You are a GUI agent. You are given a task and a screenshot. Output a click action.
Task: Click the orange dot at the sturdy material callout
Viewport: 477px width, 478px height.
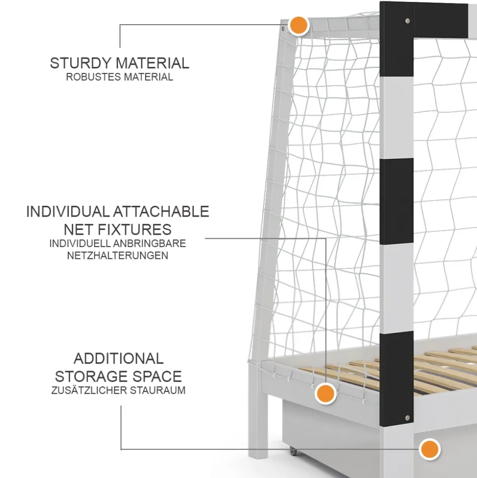click(x=298, y=25)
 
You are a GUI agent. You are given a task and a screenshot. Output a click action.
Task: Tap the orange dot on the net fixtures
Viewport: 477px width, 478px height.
click(x=325, y=393)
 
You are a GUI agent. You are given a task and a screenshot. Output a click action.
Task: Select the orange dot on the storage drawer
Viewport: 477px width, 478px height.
click(x=429, y=449)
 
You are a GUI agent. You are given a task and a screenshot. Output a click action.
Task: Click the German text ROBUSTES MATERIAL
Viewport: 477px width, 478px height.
click(x=119, y=77)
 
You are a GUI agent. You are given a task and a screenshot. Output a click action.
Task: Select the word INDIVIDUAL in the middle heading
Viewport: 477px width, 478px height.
click(x=67, y=212)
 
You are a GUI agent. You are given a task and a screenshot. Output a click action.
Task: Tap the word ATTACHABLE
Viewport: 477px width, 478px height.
click(x=161, y=212)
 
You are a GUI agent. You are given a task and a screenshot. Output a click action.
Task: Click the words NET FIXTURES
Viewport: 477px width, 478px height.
click(x=118, y=229)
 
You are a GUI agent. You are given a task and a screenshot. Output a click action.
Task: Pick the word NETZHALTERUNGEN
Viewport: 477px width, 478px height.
click(x=118, y=255)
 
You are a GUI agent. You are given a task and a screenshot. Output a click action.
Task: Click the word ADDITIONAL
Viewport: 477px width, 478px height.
click(x=119, y=358)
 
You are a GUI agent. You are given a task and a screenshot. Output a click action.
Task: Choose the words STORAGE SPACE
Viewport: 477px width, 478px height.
click(x=119, y=376)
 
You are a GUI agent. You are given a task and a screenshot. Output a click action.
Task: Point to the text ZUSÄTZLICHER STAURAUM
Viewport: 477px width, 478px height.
click(x=119, y=391)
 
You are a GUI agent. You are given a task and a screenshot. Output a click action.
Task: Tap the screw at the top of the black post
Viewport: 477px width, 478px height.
click(x=407, y=21)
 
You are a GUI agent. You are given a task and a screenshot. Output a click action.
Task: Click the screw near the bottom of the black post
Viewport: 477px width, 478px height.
click(x=407, y=417)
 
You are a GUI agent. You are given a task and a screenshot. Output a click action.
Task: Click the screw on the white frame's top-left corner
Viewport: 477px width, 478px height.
click(x=284, y=29)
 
